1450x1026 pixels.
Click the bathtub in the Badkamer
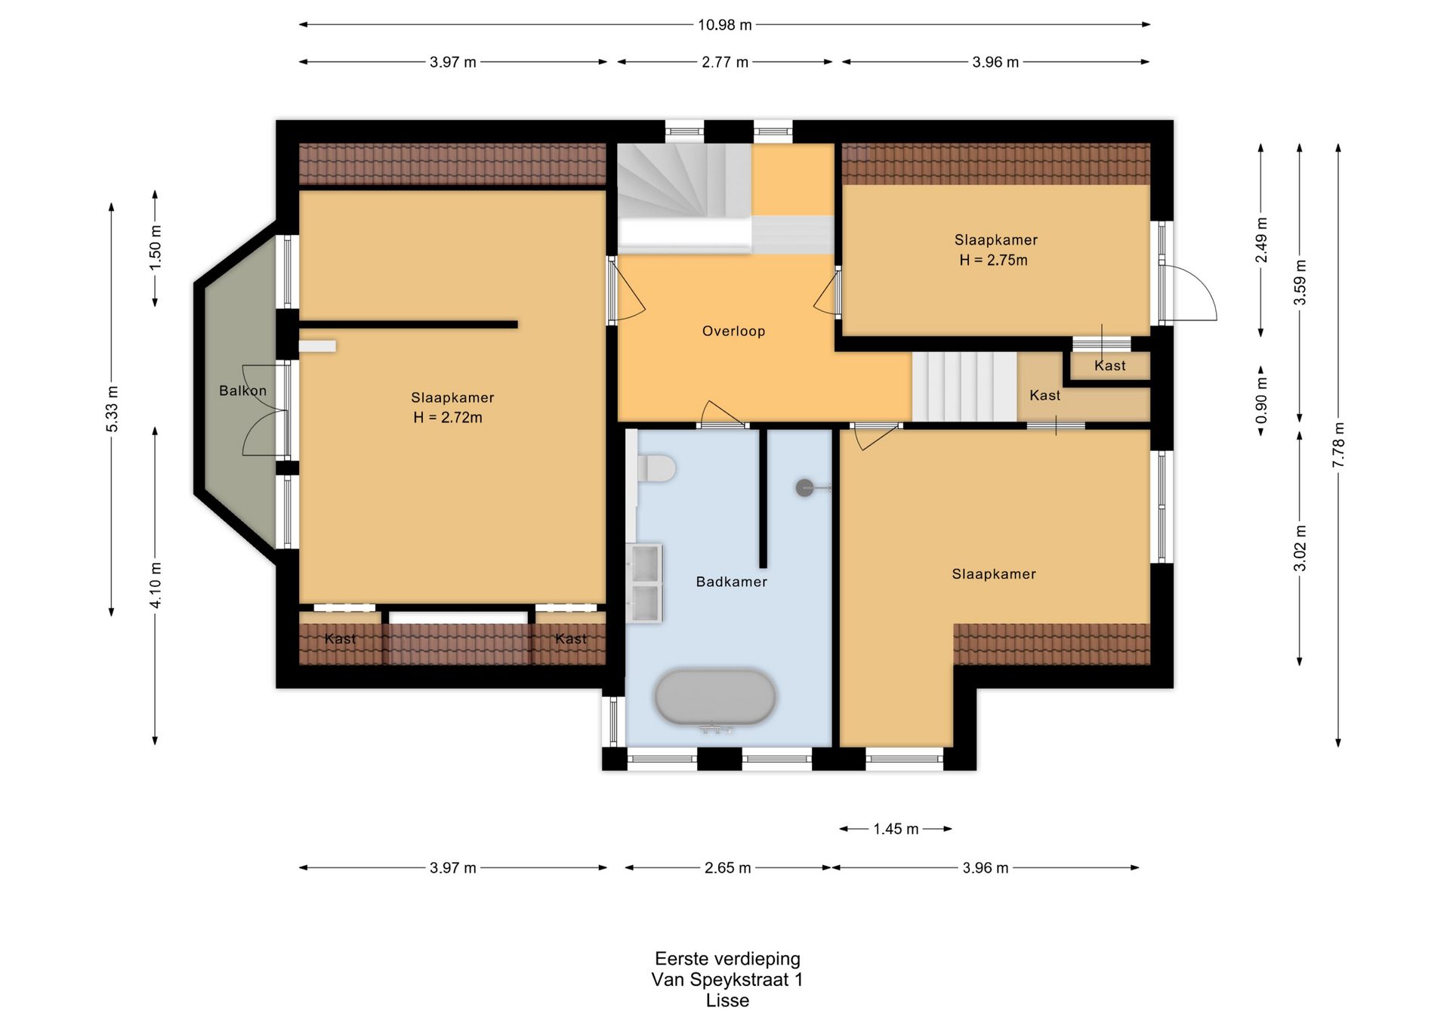tap(715, 697)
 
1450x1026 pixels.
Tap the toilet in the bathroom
tap(656, 468)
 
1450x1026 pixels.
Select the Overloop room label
tap(733, 331)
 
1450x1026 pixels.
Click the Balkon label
tap(242, 391)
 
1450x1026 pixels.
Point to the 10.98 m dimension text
tap(724, 25)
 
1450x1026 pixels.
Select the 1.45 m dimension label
tap(896, 829)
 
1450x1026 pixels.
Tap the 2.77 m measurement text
tap(725, 62)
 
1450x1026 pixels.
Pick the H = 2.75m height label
tap(993, 260)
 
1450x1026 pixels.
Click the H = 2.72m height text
tap(447, 417)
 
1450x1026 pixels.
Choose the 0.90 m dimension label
tap(1261, 400)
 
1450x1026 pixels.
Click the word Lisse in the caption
tap(727, 1000)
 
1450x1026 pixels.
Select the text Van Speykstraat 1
tap(727, 979)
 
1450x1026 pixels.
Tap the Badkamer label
tap(731, 582)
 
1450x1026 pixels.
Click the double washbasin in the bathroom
tap(644, 583)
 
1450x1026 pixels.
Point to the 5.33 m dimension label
tap(112, 409)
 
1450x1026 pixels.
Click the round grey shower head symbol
tap(805, 488)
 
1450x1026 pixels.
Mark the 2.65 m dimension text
tap(727, 867)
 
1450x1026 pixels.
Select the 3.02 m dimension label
tap(1300, 549)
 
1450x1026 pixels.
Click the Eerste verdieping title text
tap(727, 959)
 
